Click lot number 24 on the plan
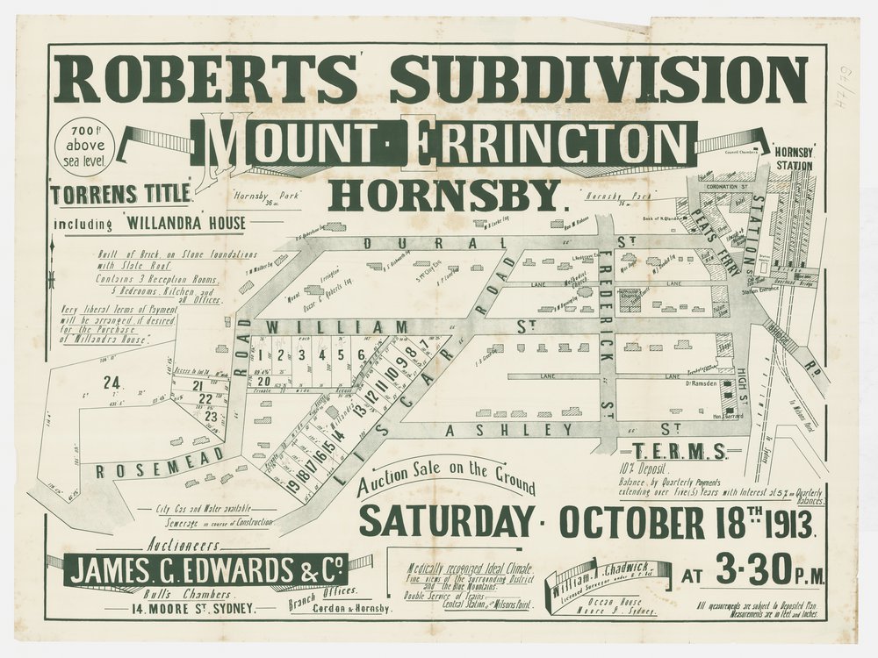tap(111, 383)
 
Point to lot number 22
tap(204, 399)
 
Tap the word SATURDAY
tap(445, 521)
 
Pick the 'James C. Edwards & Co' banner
tap(206, 571)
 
